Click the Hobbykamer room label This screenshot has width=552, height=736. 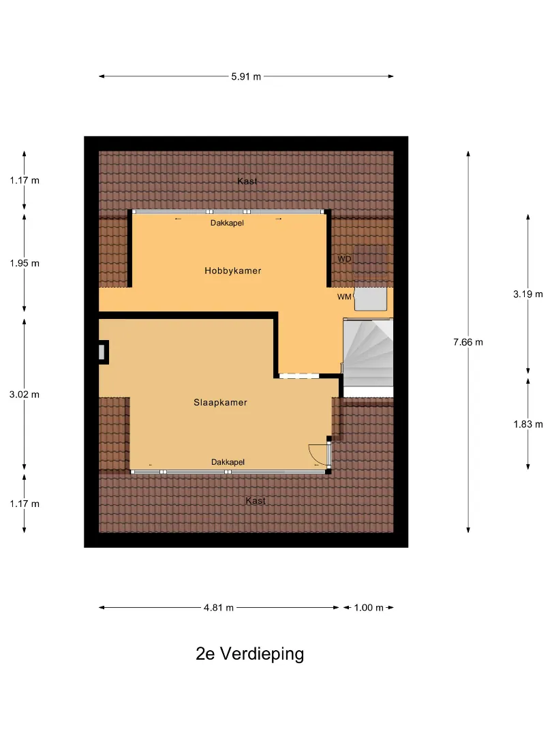point(233,271)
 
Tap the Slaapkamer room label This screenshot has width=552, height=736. point(220,402)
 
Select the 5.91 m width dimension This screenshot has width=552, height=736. point(246,76)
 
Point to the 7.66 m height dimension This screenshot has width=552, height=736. point(468,342)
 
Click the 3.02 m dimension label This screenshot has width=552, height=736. point(25,395)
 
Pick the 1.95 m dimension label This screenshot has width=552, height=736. point(25,263)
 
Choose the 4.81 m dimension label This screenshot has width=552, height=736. point(219,607)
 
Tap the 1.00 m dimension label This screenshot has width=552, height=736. point(369,607)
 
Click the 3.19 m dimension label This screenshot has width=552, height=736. point(527,294)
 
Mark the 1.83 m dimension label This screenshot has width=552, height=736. point(527,425)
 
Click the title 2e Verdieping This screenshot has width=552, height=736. point(249,654)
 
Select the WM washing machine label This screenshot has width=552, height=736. point(344,296)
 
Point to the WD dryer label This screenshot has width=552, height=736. point(344,259)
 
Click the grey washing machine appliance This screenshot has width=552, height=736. point(370,298)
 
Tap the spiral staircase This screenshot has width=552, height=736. point(368,353)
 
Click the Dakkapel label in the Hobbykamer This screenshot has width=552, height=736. point(227,223)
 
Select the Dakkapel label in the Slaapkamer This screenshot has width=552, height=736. point(228,462)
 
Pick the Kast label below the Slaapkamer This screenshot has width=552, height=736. point(256,501)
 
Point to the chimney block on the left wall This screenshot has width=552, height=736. point(104,352)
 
